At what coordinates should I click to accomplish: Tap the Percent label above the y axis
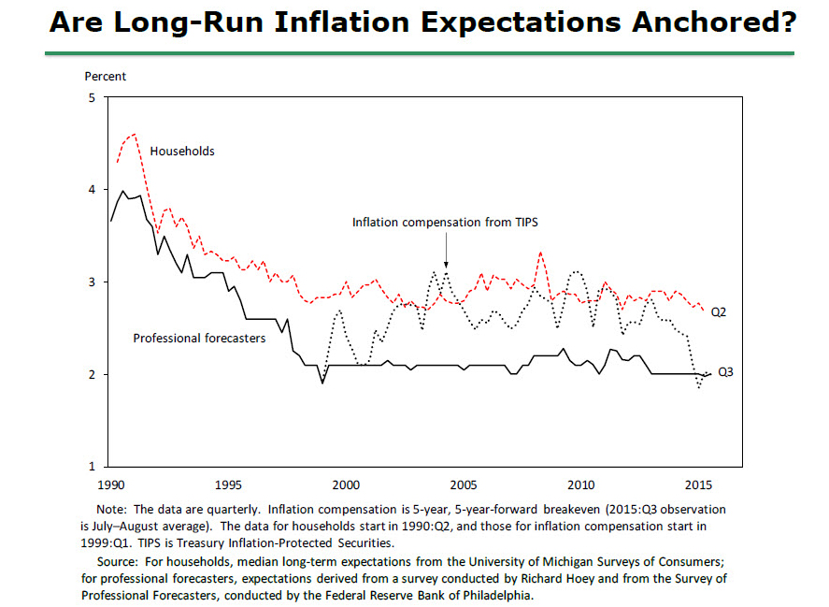click(106, 77)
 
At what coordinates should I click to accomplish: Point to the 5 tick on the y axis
click(93, 97)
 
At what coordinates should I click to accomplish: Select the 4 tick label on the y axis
click(93, 190)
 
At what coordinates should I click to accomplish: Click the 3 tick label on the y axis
click(93, 282)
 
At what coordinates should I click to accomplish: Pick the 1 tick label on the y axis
click(93, 467)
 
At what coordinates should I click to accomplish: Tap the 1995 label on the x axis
click(228, 484)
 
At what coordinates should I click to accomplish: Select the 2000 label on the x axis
click(346, 484)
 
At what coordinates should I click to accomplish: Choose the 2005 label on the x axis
click(464, 484)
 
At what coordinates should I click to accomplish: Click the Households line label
click(182, 151)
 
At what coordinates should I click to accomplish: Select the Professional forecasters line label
click(199, 338)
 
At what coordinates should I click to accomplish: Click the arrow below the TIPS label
click(446, 253)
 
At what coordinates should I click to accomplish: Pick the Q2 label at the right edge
click(719, 312)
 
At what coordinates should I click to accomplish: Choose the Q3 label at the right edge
click(724, 372)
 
